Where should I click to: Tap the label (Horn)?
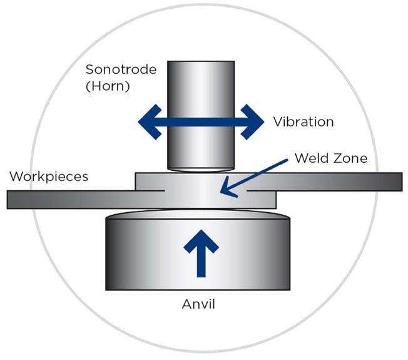[x=108, y=86]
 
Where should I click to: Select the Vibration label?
[x=303, y=121]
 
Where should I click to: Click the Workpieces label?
[x=49, y=176]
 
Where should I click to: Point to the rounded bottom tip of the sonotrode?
[x=200, y=168]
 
